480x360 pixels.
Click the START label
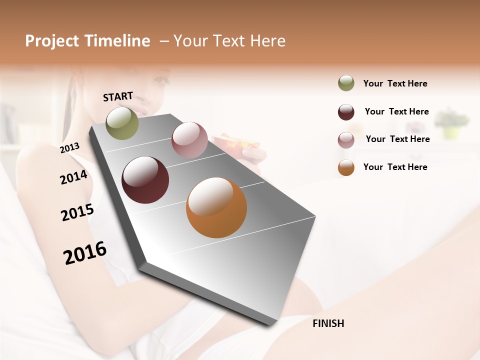tap(118, 96)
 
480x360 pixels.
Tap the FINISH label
tap(328, 323)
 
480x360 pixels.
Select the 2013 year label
tap(69, 148)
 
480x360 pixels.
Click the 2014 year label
tap(73, 177)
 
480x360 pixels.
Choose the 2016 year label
tap(85, 253)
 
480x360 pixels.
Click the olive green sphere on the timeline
tap(122, 123)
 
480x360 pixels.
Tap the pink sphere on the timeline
tap(189, 140)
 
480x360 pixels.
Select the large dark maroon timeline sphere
tap(145, 180)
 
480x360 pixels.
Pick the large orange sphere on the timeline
tap(216, 207)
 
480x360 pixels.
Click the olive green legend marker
tap(346, 83)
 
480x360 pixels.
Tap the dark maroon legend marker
tap(346, 112)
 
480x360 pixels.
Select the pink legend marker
tap(346, 140)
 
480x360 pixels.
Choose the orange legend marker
tap(346, 167)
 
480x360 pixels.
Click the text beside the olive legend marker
tap(395, 83)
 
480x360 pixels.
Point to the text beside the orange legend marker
tap(395, 167)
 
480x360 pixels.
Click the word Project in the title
tap(51, 41)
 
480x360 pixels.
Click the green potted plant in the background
tap(452, 123)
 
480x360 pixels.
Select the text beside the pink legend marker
tap(397, 139)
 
